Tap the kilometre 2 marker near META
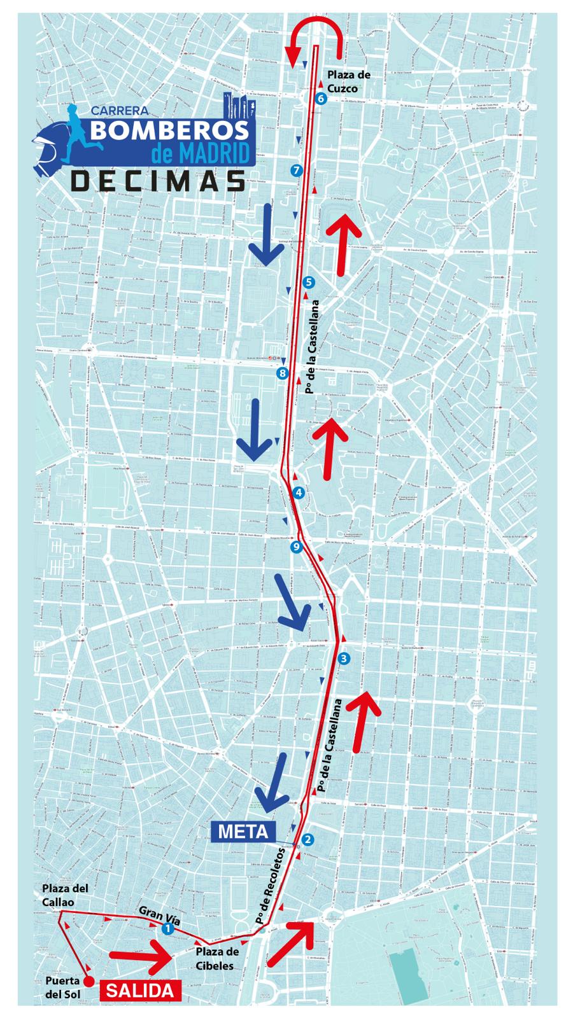click(308, 839)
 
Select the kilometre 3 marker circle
click(344, 659)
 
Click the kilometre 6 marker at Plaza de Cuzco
click(320, 99)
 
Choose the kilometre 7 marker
click(295, 170)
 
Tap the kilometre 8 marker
click(283, 373)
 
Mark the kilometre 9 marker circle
click(295, 547)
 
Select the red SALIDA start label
click(139, 990)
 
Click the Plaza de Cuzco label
click(348, 81)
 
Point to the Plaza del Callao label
click(65, 895)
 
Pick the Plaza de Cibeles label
click(217, 958)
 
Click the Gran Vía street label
click(159, 915)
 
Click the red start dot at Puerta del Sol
click(89, 980)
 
